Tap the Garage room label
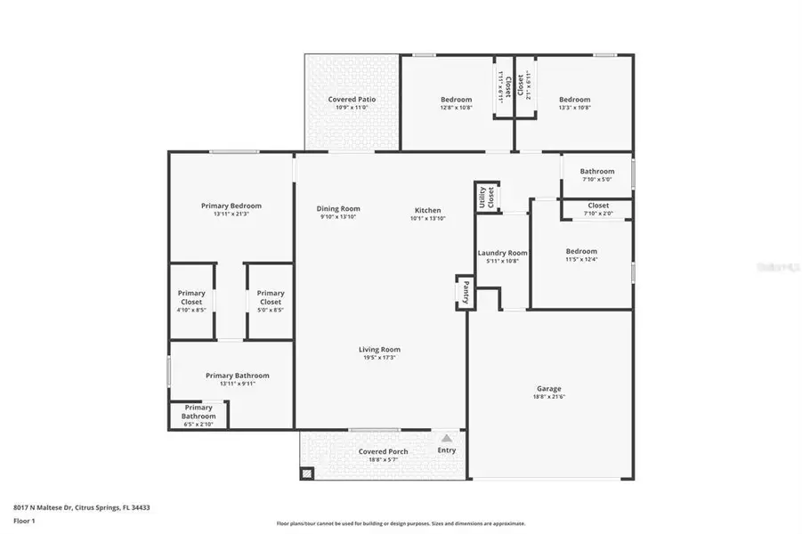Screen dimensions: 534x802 [548, 389]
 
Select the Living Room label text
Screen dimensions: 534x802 [379, 350]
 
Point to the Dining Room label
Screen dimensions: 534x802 [338, 209]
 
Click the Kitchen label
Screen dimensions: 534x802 [427, 211]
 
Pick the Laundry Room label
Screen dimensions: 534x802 [503, 254]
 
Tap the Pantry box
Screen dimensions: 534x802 [464, 291]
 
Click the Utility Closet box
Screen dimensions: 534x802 [487, 197]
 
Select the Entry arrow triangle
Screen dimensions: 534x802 [447, 438]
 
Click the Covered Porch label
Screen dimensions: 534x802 [384, 451]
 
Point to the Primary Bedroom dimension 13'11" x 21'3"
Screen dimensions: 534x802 [231, 214]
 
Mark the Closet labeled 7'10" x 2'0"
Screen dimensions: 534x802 [598, 209]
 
